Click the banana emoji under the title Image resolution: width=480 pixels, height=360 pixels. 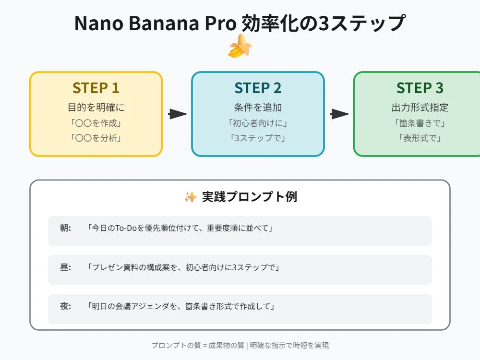240,46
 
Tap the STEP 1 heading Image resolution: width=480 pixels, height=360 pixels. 96,88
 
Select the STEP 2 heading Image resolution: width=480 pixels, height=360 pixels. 258,88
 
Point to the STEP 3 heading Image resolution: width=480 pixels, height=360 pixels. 420,88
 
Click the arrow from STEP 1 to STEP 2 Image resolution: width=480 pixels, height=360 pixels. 178,114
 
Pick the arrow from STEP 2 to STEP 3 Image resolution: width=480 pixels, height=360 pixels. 339,114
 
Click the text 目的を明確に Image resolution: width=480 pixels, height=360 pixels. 96,108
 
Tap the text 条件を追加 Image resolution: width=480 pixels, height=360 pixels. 258,108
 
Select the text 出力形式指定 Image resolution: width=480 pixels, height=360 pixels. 420,108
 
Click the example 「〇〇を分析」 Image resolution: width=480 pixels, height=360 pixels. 96,138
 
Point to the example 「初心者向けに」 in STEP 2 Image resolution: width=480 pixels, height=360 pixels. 258,123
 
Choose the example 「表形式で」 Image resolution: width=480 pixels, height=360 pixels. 420,138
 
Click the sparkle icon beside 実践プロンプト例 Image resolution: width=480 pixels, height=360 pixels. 191,197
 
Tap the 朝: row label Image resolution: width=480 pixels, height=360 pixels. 65,228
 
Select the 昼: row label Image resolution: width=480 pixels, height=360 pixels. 65,267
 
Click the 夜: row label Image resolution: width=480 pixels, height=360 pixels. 65,306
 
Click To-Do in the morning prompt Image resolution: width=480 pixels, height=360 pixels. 125,228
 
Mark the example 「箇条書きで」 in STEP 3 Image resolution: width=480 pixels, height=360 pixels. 420,123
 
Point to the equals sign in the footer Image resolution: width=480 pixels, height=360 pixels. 205,346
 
